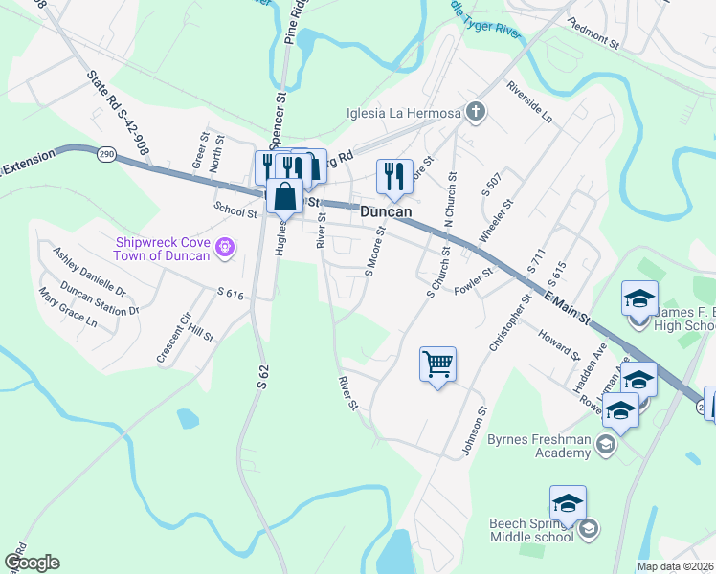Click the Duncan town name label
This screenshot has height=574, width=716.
click(387, 211)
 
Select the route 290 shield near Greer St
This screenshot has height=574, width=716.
click(106, 152)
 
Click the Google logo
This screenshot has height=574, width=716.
click(32, 563)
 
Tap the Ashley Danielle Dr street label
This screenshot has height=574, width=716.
click(89, 271)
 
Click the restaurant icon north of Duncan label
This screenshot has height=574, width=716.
click(394, 175)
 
